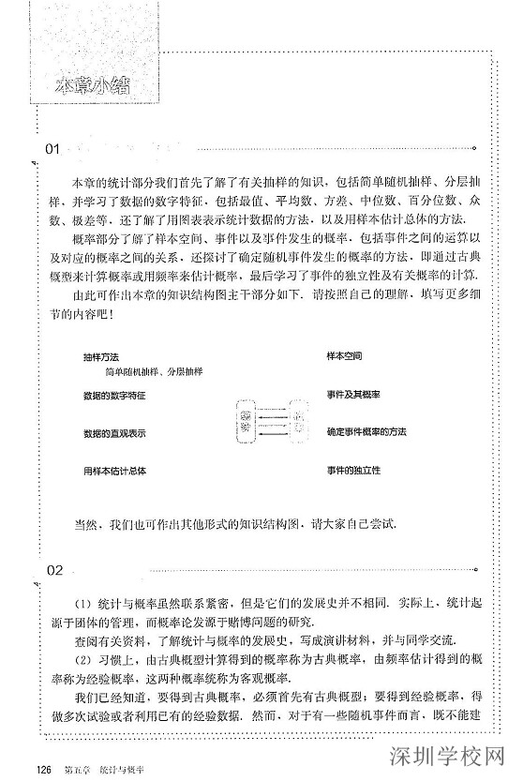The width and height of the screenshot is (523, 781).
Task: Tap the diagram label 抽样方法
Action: [100, 357]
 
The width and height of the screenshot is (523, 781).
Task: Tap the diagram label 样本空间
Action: [344, 356]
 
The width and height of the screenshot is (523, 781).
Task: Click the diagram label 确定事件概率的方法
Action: [366, 431]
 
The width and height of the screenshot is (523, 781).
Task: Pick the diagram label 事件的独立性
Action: [352, 469]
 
